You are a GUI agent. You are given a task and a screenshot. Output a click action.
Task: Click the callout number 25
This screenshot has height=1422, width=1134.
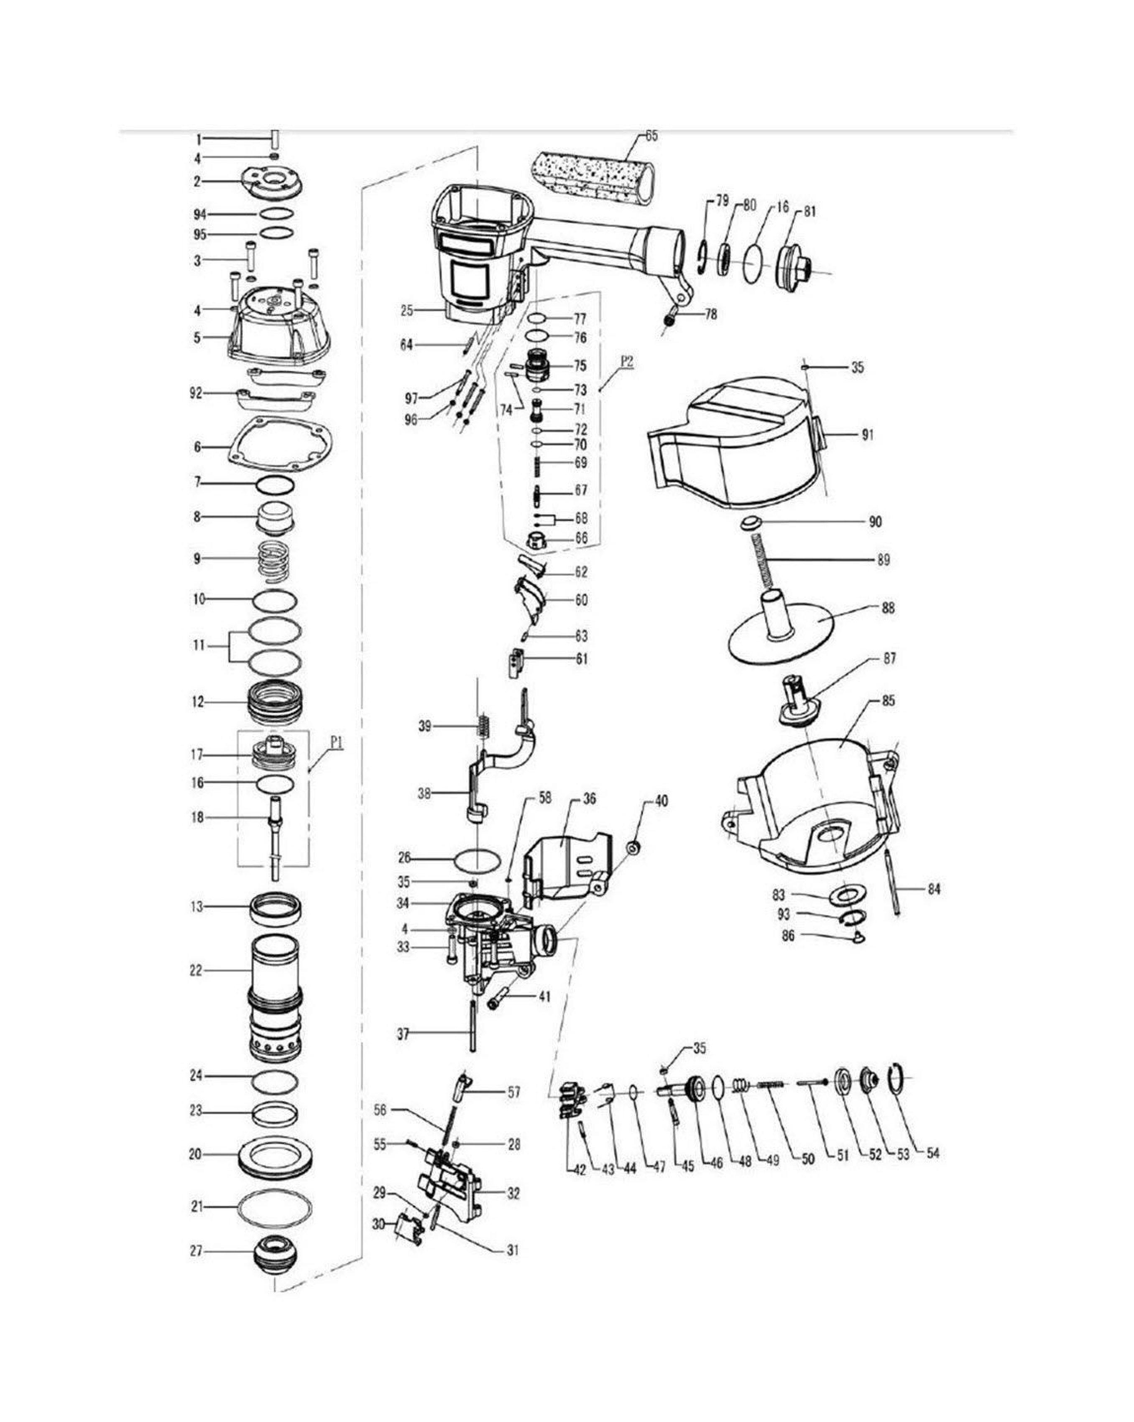(x=407, y=310)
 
